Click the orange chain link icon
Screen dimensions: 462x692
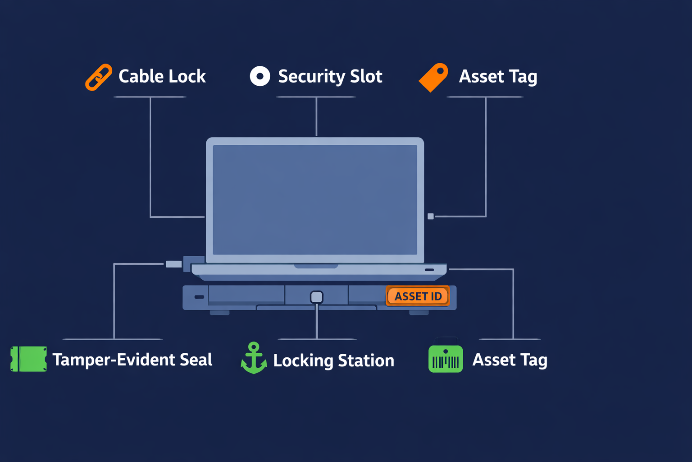(99, 77)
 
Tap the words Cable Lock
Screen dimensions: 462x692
(162, 76)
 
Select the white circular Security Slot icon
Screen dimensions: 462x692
(260, 76)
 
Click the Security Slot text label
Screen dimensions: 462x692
(330, 76)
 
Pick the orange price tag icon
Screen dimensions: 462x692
(433, 78)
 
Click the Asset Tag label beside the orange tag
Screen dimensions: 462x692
(498, 77)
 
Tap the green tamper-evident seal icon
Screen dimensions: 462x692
(28, 359)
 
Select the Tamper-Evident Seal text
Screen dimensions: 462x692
(132, 360)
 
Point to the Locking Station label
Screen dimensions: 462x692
(333, 360)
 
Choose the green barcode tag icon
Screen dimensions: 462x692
(446, 359)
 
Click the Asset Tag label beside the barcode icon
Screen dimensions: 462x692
(510, 360)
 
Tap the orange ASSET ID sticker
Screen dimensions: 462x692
(418, 296)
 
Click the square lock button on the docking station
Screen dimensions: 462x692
(317, 297)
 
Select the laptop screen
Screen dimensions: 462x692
(315, 199)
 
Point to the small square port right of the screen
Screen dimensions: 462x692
(431, 217)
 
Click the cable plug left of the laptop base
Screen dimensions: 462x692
(173, 264)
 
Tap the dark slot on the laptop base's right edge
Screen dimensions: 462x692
(429, 270)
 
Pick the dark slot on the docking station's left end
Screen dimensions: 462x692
(199, 297)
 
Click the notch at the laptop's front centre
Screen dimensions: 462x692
(316, 266)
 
